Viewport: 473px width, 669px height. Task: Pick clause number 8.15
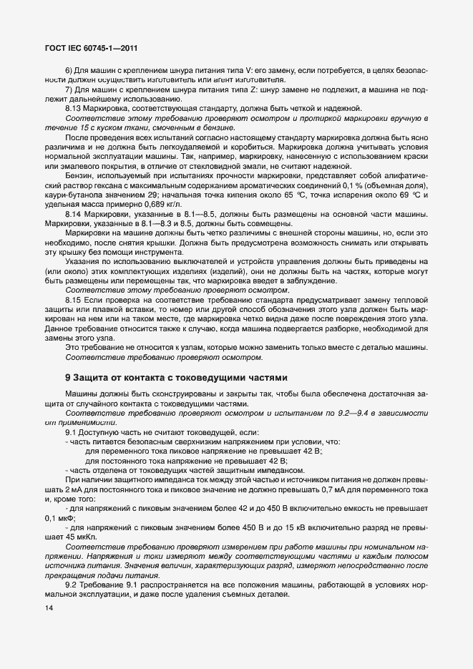(x=74, y=301)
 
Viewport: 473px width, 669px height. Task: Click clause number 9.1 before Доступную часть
(x=72, y=432)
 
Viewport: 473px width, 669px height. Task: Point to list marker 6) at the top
(x=69, y=70)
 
